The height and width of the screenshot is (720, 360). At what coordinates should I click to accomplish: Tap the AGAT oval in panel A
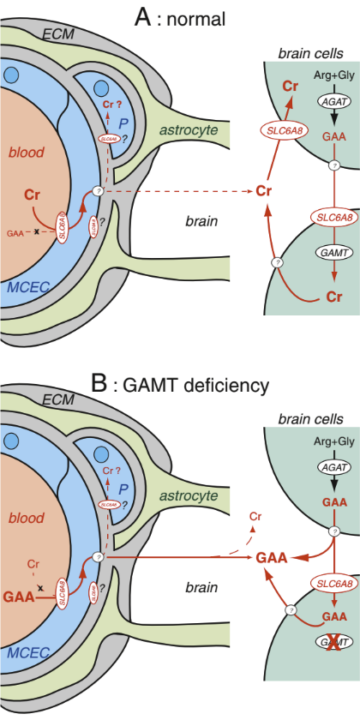(x=305, y=101)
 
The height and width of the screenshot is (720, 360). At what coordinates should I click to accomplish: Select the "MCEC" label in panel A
(x=25, y=286)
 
